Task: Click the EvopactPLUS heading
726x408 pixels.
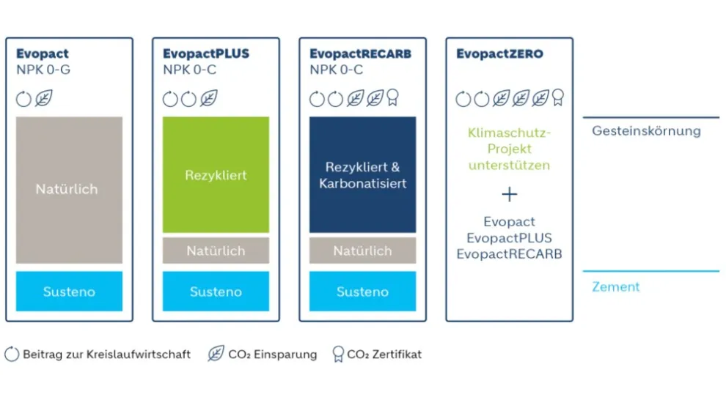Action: tap(206, 53)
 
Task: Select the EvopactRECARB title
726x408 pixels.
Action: tap(360, 53)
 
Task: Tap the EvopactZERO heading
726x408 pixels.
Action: tap(499, 53)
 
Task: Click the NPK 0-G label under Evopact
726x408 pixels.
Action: tap(43, 70)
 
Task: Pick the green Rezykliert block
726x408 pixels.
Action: tap(216, 174)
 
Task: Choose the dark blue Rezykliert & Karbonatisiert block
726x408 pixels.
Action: tap(362, 174)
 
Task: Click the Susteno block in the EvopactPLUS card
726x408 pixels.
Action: tap(216, 291)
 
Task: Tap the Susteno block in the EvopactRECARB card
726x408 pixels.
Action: tap(362, 291)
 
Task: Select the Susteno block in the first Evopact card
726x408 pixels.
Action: tap(69, 291)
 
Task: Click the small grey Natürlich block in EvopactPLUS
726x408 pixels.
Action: tap(216, 251)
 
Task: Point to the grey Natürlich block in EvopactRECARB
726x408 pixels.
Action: tap(362, 251)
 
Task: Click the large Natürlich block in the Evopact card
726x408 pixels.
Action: tap(69, 190)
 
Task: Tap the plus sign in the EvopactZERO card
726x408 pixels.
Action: tap(510, 194)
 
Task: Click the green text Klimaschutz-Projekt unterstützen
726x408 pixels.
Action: tap(510, 149)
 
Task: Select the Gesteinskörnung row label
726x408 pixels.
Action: tap(646, 131)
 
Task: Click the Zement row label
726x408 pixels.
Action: tap(616, 287)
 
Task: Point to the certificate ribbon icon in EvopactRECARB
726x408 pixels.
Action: tap(392, 97)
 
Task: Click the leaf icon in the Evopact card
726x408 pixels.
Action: tap(43, 98)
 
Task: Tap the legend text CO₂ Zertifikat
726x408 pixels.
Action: tap(384, 355)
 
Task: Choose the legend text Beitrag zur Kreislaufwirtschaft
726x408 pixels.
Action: tap(106, 355)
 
